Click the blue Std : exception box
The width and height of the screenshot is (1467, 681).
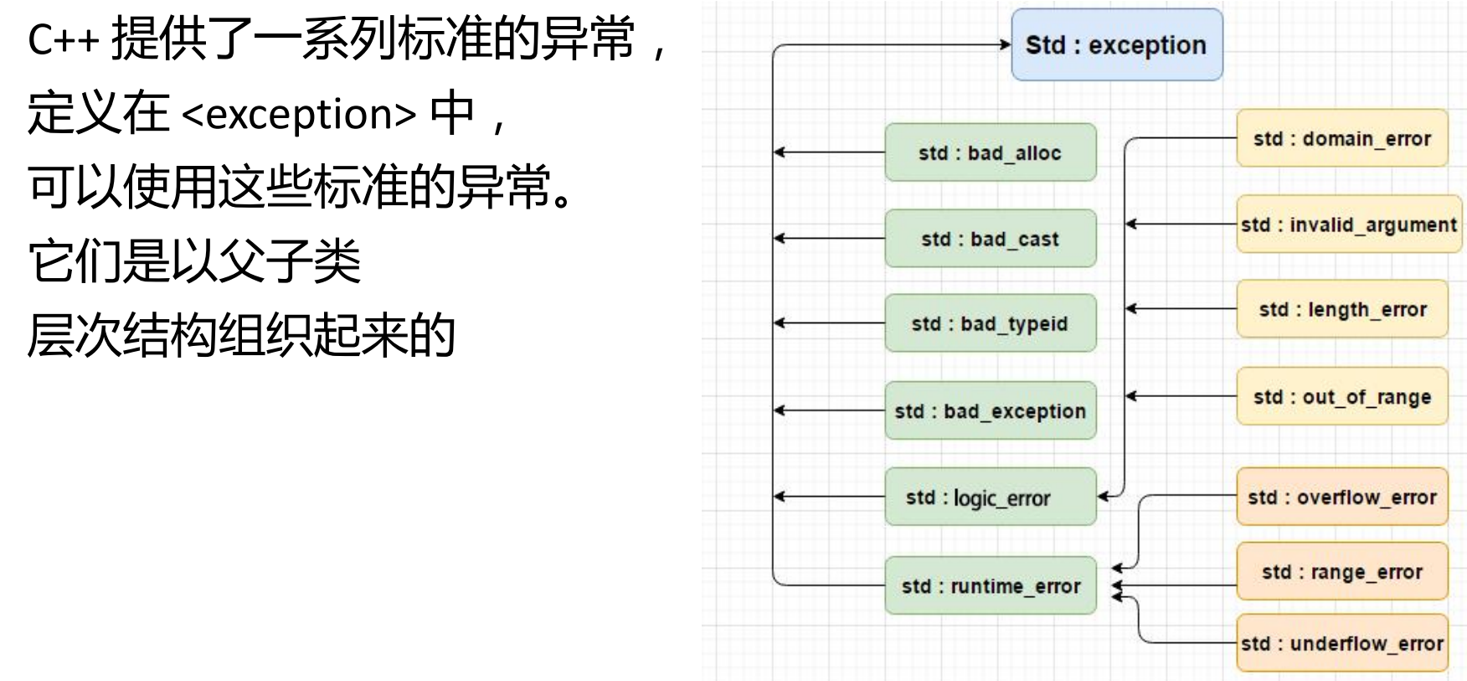[x=1116, y=45]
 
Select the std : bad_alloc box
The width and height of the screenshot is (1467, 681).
[x=990, y=152]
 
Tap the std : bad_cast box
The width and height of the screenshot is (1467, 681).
[x=990, y=239]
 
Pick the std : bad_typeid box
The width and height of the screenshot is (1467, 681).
[x=990, y=323]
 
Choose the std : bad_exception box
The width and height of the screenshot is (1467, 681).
[x=990, y=410]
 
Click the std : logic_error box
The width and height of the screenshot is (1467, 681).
[x=990, y=497]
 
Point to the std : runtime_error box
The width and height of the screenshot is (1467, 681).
[x=990, y=586]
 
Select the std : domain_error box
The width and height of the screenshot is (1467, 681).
[x=1341, y=138]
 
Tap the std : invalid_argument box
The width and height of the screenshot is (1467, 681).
[x=1348, y=224]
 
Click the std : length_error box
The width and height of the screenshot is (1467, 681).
[x=1341, y=309]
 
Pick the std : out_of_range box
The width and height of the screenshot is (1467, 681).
[x=1341, y=396]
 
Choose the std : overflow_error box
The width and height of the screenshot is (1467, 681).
[x=1341, y=497]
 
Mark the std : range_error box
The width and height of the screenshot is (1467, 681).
[x=1341, y=572]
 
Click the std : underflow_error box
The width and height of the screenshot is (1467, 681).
[x=1341, y=643]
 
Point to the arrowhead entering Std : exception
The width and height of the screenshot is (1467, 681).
[x=1006, y=44]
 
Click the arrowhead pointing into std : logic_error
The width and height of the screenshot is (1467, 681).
[x=1104, y=497]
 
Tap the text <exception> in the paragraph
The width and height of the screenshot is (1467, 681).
[x=299, y=114]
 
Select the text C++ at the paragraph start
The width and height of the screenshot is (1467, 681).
[x=63, y=40]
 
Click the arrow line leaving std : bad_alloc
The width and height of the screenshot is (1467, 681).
[x=829, y=152]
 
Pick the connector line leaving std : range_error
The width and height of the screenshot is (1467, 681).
[x=1181, y=586]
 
